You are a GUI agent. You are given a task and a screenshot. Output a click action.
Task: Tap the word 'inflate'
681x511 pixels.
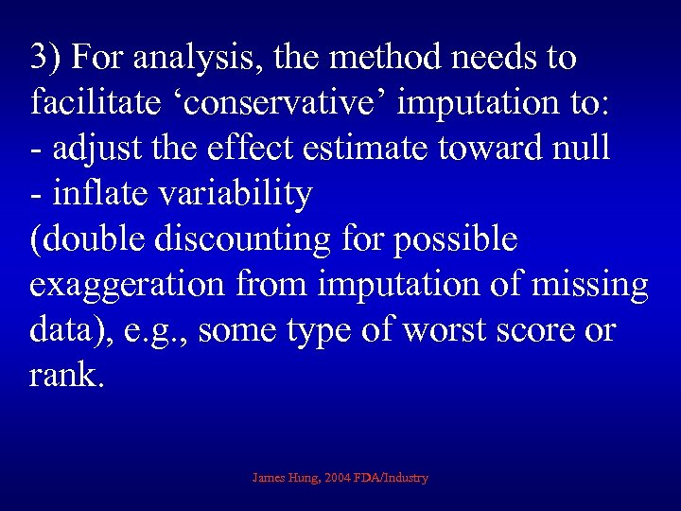101,194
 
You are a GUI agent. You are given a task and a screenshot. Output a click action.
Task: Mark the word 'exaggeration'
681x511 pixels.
122,285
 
